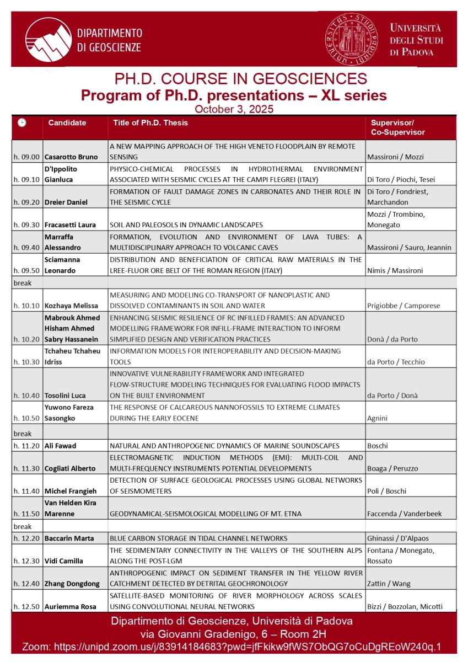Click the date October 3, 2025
pyautogui.click(x=234, y=109)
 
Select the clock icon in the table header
pyautogui.click(x=21, y=123)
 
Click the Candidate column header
pyautogui.click(x=67, y=123)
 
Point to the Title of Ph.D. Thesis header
pyautogui.click(x=150, y=123)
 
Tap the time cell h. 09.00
pyautogui.click(x=27, y=157)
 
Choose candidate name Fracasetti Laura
pyautogui.click(x=70, y=225)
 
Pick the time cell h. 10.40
pyautogui.click(x=27, y=395)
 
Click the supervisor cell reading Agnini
pyautogui.click(x=378, y=418)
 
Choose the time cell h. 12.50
pyautogui.click(x=27, y=607)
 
